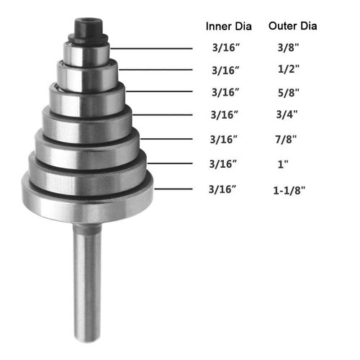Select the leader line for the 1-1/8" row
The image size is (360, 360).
pyautogui.click(x=173, y=189)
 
